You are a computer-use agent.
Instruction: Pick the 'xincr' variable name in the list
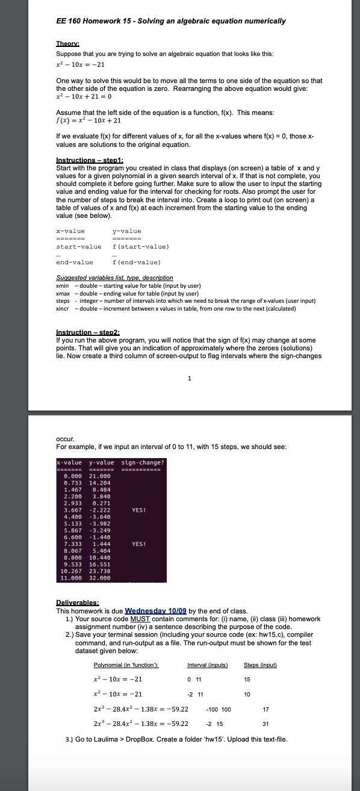pyautogui.click(x=63, y=308)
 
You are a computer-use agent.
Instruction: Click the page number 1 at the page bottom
pyautogui.click(x=190, y=379)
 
